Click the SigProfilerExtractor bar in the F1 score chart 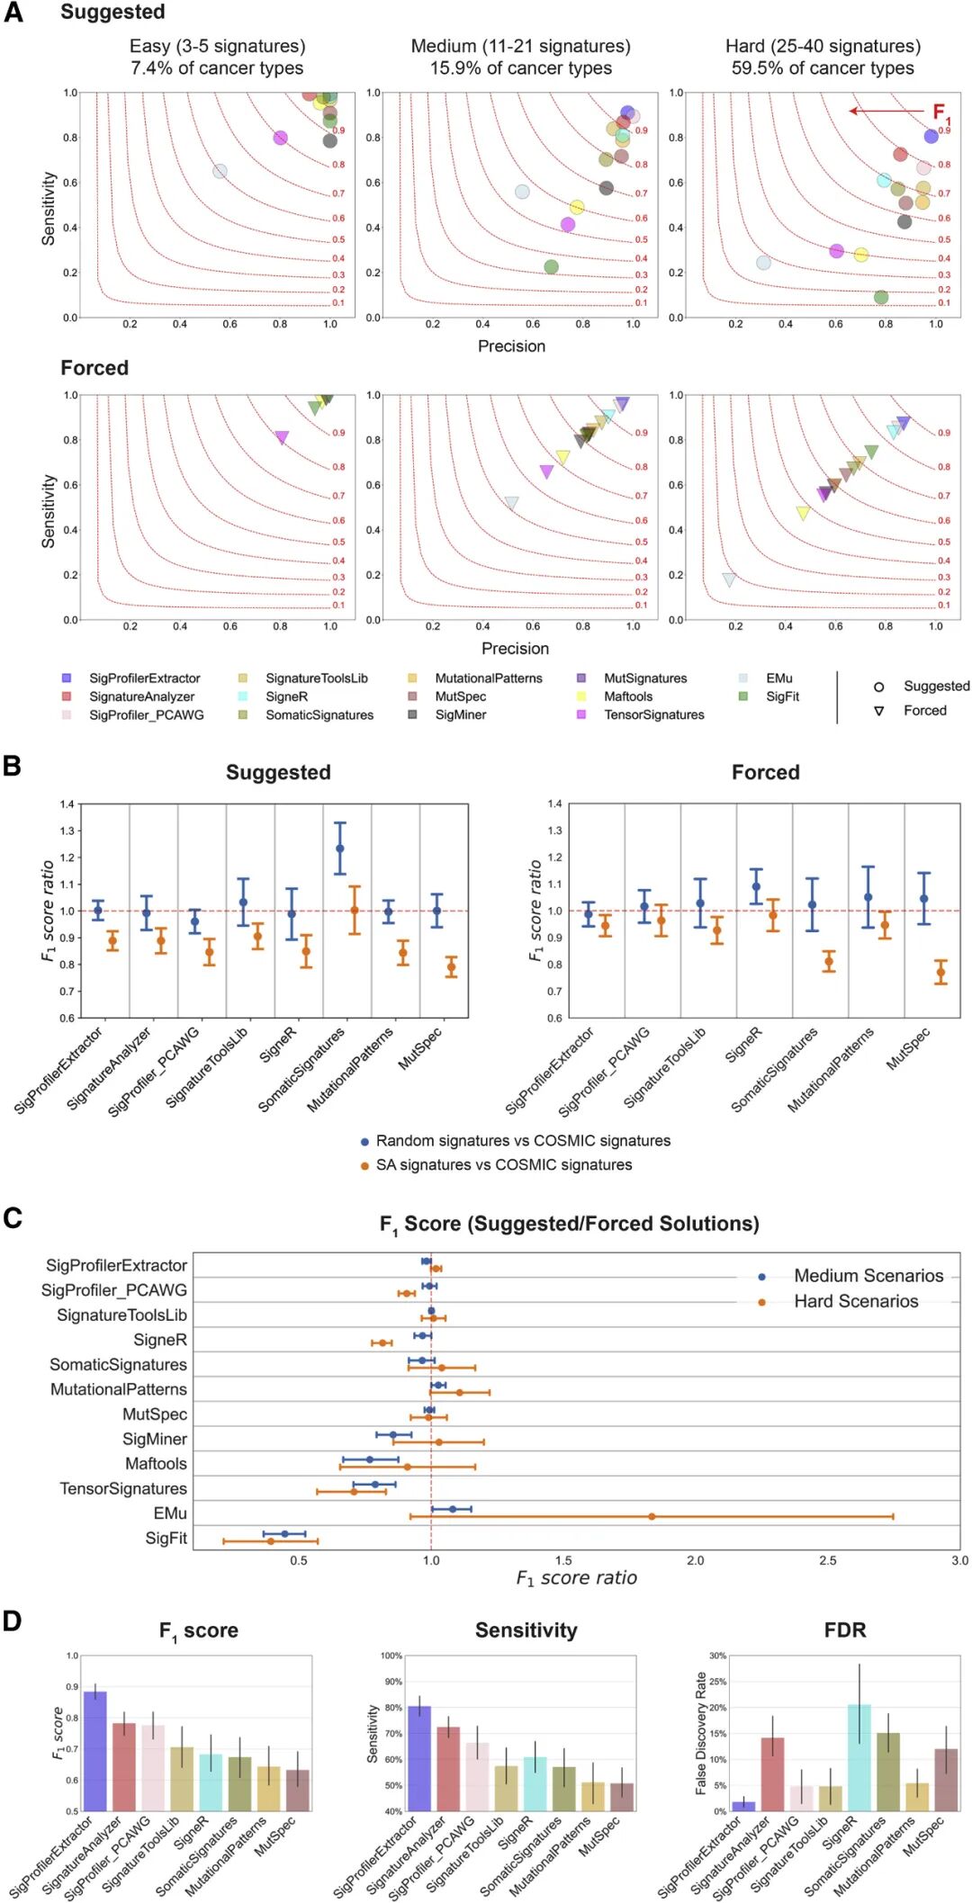(x=95, y=1751)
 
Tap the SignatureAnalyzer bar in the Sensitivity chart (x=448, y=1768)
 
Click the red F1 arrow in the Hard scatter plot (x=886, y=111)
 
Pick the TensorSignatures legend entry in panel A (x=653, y=714)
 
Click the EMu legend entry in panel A (x=778, y=678)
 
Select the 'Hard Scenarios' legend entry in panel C (x=855, y=1301)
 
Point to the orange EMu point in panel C (x=652, y=1516)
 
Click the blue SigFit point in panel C (x=284, y=1533)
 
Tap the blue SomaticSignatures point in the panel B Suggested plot (x=339, y=848)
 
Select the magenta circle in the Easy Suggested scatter (x=280, y=138)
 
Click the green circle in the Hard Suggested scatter (x=881, y=297)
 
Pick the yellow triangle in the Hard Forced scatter (x=803, y=513)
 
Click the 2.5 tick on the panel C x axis (x=827, y=1560)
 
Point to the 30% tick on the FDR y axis (x=717, y=1656)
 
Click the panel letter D (x=13, y=1620)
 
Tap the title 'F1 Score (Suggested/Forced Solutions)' (x=569, y=1224)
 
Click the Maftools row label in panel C (x=156, y=1464)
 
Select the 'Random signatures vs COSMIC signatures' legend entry (x=523, y=1140)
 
